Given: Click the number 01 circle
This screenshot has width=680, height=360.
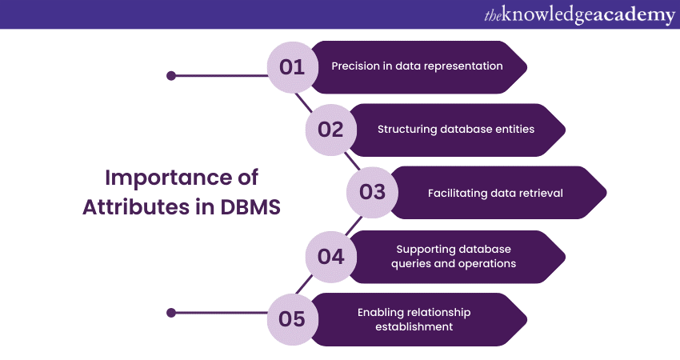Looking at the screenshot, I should (293, 67).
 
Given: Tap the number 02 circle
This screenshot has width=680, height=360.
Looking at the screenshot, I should (330, 130).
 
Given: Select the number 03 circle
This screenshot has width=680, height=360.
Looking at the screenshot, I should (372, 192).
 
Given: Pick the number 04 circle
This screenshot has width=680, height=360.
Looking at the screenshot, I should (330, 256).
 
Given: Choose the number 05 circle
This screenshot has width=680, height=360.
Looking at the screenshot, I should (293, 319).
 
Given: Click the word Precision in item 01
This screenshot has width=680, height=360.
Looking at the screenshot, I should (353, 66).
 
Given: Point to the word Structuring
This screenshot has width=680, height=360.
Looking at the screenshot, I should (406, 129).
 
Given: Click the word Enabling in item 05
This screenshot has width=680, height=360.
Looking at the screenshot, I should (379, 312).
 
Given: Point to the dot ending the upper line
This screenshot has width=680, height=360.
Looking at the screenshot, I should (170, 76).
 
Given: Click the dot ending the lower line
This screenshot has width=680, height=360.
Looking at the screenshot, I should (170, 312).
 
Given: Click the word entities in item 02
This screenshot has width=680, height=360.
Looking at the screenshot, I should (514, 129).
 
